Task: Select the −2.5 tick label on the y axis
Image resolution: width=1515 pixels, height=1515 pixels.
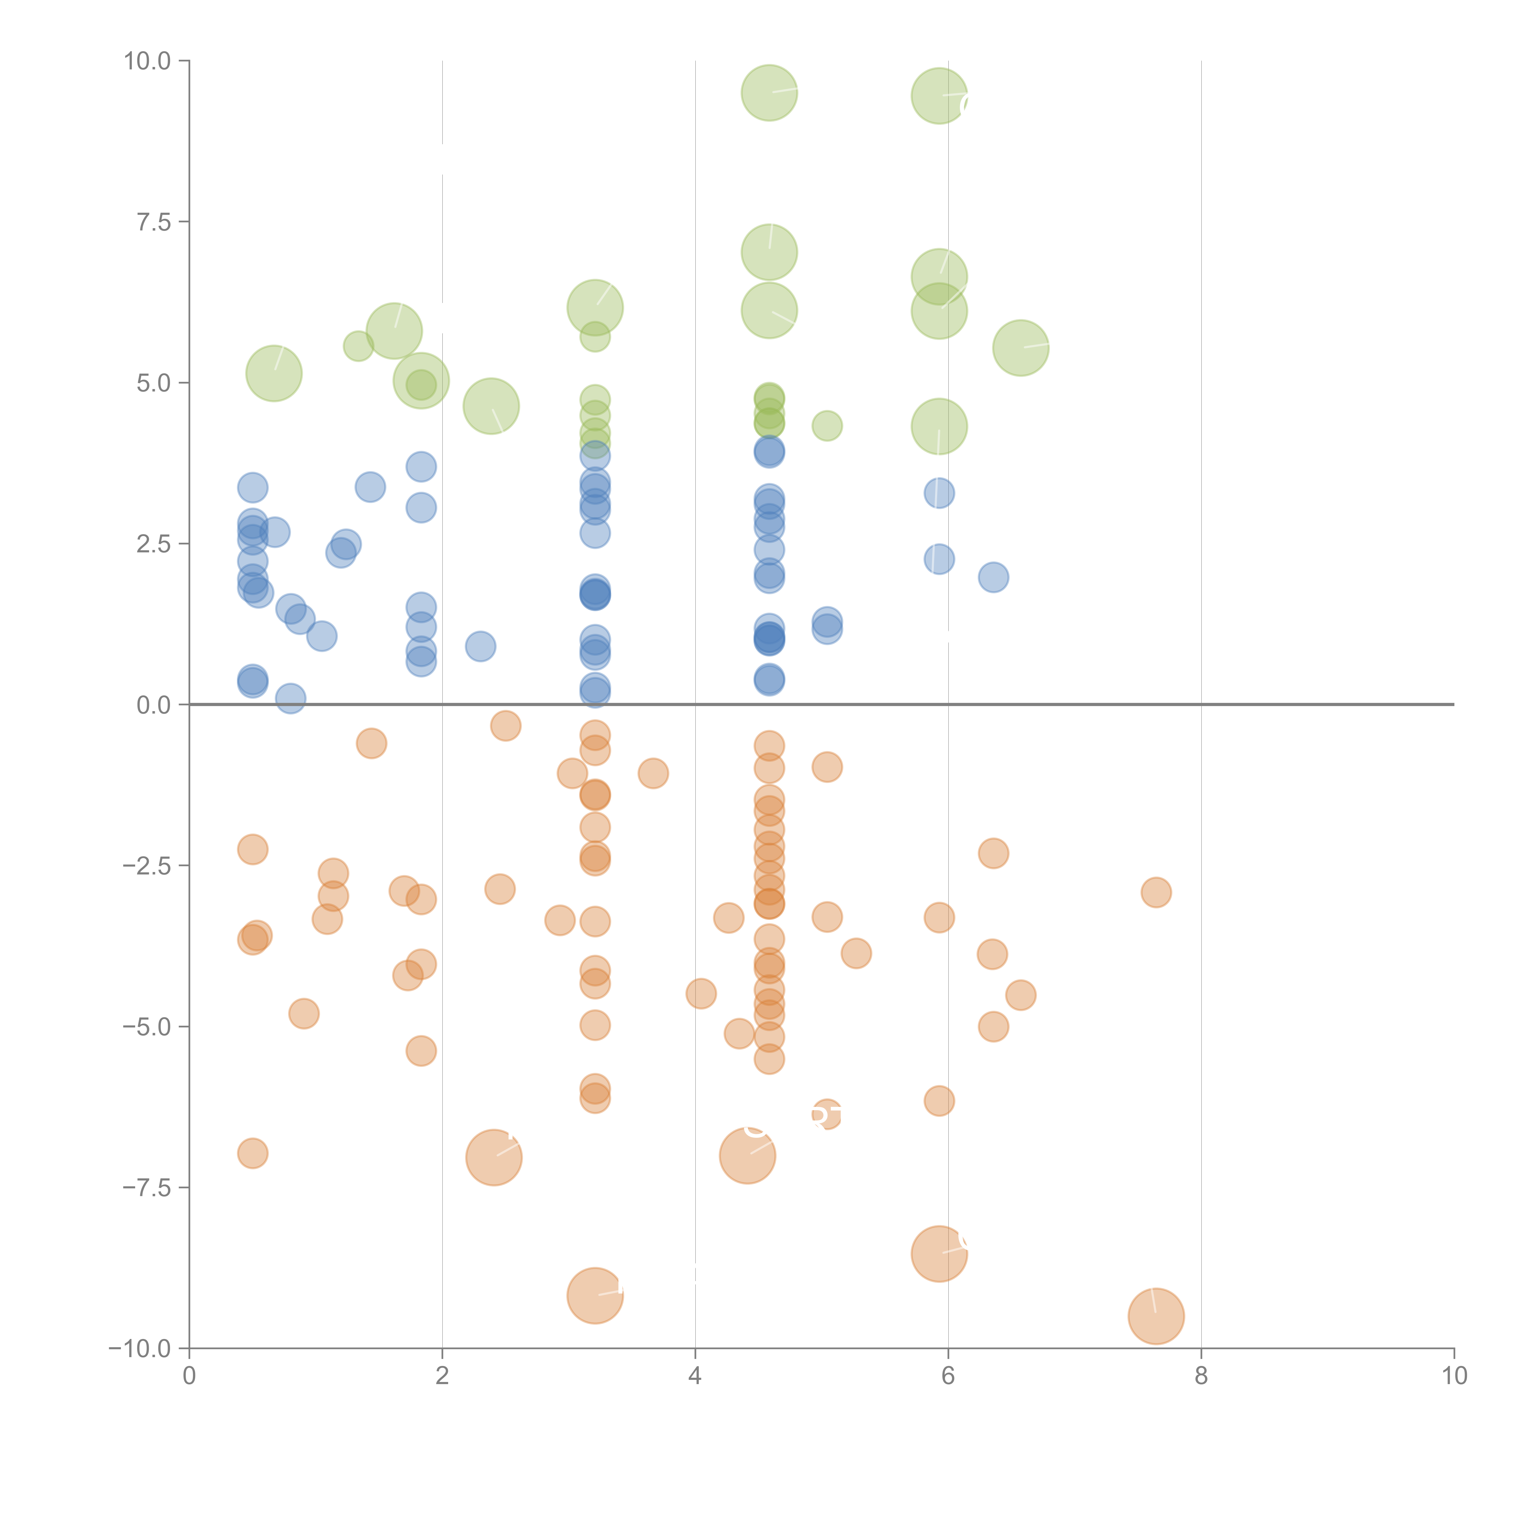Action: point(147,866)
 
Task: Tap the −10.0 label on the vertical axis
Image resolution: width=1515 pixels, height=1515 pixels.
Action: point(140,1349)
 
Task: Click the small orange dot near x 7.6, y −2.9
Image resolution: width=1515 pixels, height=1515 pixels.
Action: point(1156,892)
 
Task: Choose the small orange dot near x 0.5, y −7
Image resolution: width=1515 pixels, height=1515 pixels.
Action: point(252,1154)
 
